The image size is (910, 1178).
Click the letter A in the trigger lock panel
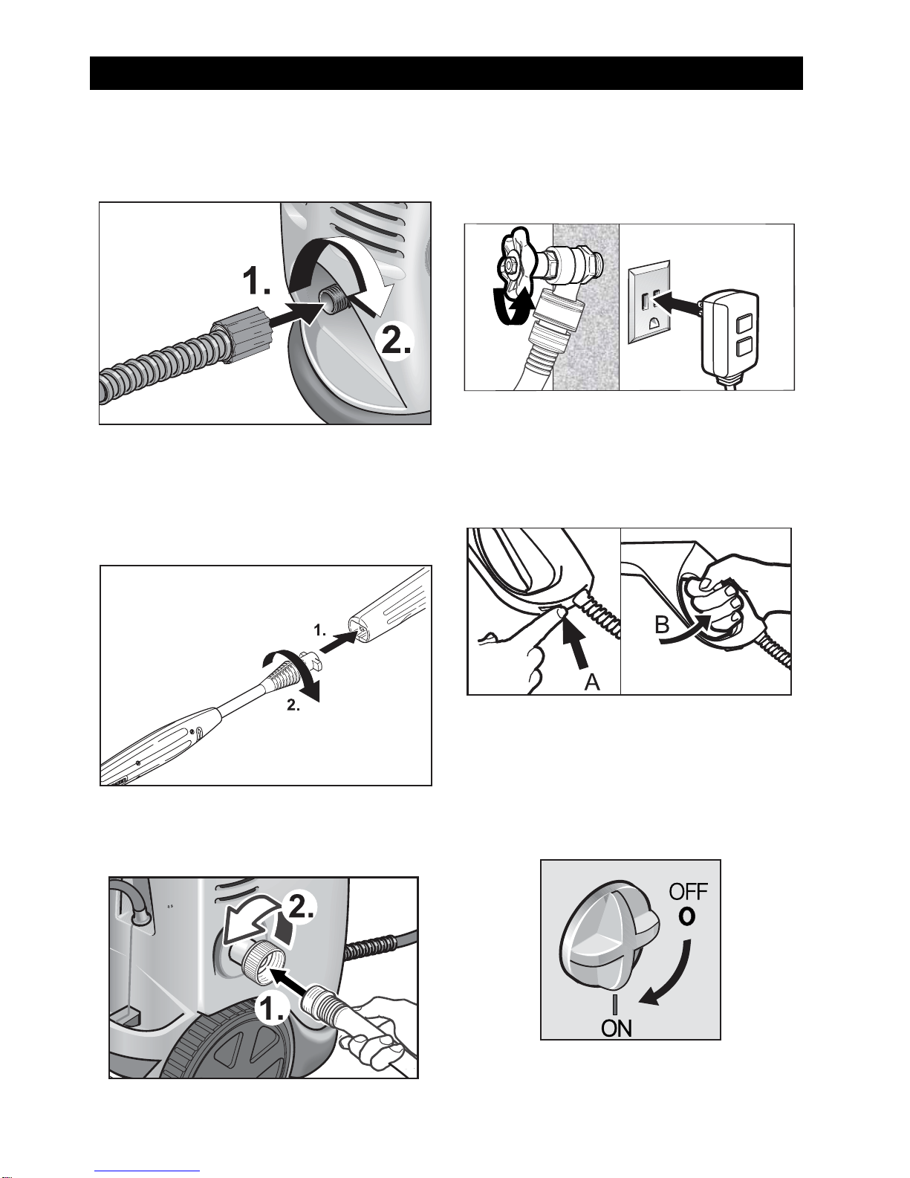(592, 682)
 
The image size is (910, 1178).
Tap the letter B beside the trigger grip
(662, 624)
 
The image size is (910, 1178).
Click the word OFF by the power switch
(689, 892)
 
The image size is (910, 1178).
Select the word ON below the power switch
(617, 1029)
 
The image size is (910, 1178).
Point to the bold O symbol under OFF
(687, 916)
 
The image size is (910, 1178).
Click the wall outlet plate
(649, 302)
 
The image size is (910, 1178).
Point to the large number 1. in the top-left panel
(256, 282)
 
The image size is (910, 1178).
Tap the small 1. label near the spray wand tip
(320, 630)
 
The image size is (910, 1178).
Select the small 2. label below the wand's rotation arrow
(293, 705)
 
